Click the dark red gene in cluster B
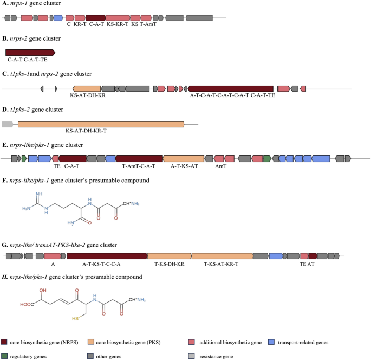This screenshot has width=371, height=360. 30,52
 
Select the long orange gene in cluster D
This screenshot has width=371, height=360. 101,124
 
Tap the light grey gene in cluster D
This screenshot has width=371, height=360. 8,124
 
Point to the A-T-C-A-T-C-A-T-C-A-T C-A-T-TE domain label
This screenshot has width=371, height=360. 232,94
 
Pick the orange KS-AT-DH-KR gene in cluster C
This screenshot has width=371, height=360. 87,88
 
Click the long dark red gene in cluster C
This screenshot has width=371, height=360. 231,88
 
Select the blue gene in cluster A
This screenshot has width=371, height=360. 58,18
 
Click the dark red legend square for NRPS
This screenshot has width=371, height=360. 4,342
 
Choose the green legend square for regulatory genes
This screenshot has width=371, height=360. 4,356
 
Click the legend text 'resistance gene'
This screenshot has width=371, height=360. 216,356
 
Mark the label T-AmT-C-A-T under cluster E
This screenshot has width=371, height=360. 139,166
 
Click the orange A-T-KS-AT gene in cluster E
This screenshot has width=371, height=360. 184,158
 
